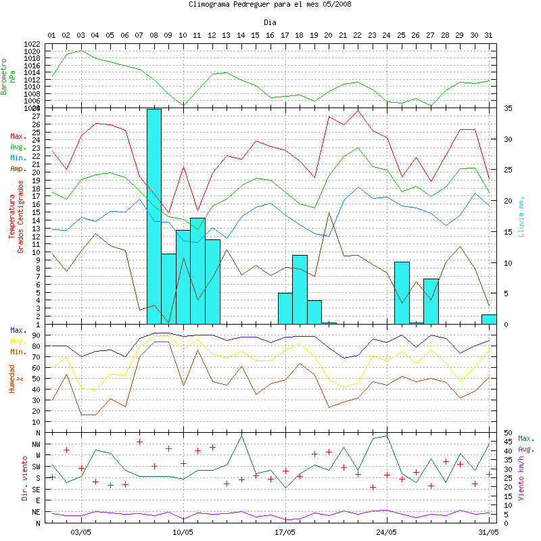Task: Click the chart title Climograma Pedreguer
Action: pos(270,4)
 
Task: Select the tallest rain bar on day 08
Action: pos(154,216)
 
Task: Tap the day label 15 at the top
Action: pos(255,34)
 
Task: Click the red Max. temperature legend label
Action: pos(18,136)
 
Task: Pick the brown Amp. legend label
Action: pos(18,169)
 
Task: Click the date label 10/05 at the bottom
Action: pos(183,532)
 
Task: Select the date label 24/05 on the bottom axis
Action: pos(386,532)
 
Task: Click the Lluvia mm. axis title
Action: pos(521,216)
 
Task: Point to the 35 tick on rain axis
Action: pos(508,108)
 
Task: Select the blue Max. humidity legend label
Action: pos(18,330)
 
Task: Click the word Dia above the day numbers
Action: pos(270,22)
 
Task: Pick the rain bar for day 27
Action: pos(431,301)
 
